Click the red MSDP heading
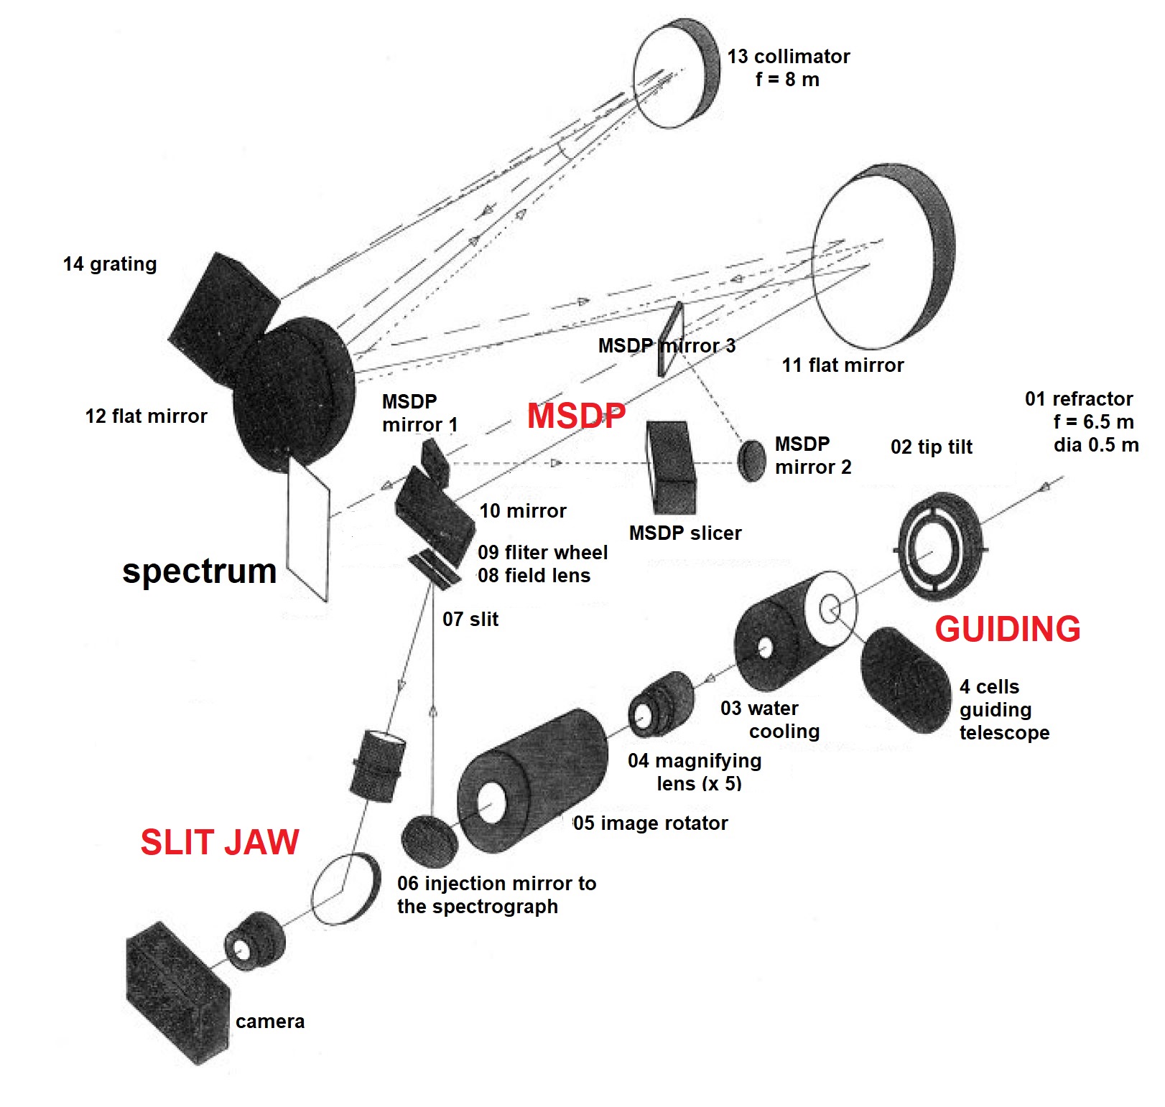pos(576,416)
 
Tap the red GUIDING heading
pos(1007,630)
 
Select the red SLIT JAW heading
pos(219,842)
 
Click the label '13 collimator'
pos(788,57)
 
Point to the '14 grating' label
pos(110,264)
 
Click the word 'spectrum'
pos(199,571)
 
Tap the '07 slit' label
pos(470,619)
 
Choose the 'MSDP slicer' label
pos(684,533)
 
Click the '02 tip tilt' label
pos(931,447)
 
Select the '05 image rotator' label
pos(651,823)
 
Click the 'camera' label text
pos(270,1022)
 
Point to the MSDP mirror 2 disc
pos(752,460)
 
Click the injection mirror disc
pos(430,841)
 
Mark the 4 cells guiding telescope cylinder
pos(904,680)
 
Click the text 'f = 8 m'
pos(787,80)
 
